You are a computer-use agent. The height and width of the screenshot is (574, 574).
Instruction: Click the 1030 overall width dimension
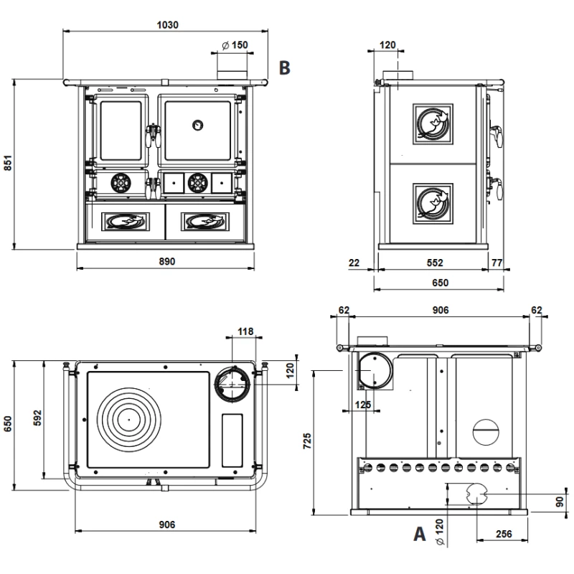[x=166, y=24]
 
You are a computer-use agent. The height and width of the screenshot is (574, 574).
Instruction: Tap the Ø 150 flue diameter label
[x=235, y=45]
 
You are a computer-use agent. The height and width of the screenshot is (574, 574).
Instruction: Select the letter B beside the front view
[x=285, y=68]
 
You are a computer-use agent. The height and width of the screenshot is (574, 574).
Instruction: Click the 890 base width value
[x=166, y=262]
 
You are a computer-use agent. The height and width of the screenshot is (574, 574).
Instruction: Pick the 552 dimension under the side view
[x=433, y=263]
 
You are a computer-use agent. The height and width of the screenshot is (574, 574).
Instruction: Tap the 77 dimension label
[x=497, y=263]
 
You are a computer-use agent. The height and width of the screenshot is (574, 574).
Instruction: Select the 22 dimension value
[x=354, y=263]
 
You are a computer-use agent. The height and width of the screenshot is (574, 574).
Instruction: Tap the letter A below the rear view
[x=420, y=535]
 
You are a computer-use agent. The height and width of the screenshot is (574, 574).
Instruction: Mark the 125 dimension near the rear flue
[x=362, y=405]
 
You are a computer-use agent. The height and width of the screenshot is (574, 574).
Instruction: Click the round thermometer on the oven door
[x=197, y=125]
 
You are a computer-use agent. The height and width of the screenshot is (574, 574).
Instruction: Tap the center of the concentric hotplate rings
[x=128, y=417]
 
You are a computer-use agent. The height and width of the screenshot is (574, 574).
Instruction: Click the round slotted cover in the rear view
[x=489, y=432]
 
